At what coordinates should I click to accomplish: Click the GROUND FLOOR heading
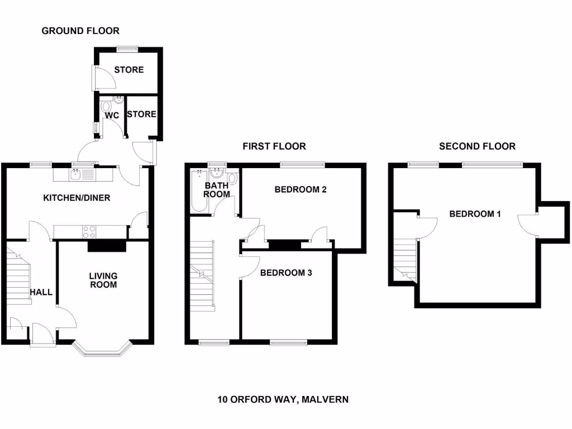[x=80, y=31]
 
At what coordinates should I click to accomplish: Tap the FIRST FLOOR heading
[x=274, y=146]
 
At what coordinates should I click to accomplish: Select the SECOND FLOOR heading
[x=477, y=146]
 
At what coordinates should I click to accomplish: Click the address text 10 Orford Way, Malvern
[x=283, y=399]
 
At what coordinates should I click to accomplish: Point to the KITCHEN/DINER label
[x=77, y=198]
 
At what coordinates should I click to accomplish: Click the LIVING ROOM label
[x=104, y=280]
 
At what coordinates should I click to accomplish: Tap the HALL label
[x=41, y=292]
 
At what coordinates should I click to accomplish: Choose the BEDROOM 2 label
[x=301, y=189]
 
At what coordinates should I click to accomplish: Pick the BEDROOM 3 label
[x=286, y=273]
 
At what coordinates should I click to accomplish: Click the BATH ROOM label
[x=216, y=190]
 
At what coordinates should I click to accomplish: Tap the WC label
[x=112, y=115]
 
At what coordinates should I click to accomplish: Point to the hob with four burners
[x=89, y=231]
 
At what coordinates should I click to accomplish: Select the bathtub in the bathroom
[x=198, y=192]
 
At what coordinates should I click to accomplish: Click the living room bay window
[x=102, y=349]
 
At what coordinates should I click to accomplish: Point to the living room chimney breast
[x=107, y=246]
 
